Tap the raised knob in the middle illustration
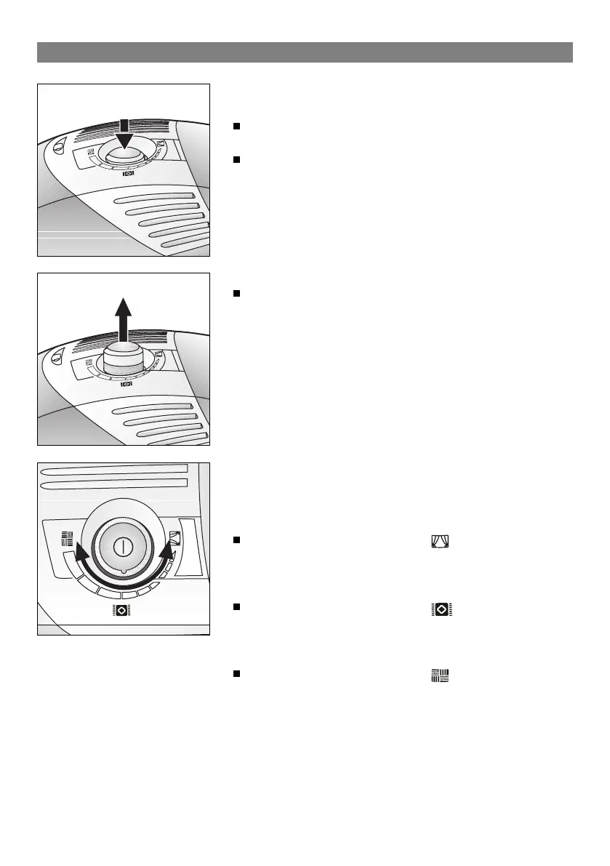pyautogui.click(x=123, y=360)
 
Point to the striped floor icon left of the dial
pyautogui.click(x=67, y=539)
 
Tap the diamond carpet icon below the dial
pyautogui.click(x=121, y=611)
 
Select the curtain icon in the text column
pyautogui.click(x=441, y=541)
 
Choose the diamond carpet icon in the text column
pyautogui.click(x=441, y=610)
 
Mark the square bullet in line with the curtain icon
pyautogui.click(x=236, y=541)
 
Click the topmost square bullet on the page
pyautogui.click(x=236, y=127)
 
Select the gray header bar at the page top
pyautogui.click(x=305, y=52)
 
